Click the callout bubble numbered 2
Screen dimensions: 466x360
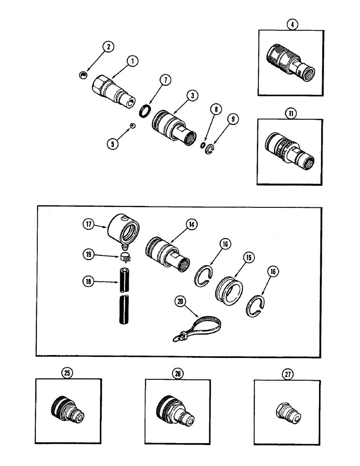coord(108,47)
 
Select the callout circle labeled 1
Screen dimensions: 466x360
coord(133,61)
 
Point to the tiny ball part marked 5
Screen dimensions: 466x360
coord(133,125)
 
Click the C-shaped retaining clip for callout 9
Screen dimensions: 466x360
coord(211,148)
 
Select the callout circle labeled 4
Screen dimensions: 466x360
coord(292,24)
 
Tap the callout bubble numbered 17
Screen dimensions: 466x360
coord(89,224)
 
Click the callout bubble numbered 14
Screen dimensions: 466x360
coord(191,224)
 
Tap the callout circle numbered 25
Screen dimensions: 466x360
coord(68,373)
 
